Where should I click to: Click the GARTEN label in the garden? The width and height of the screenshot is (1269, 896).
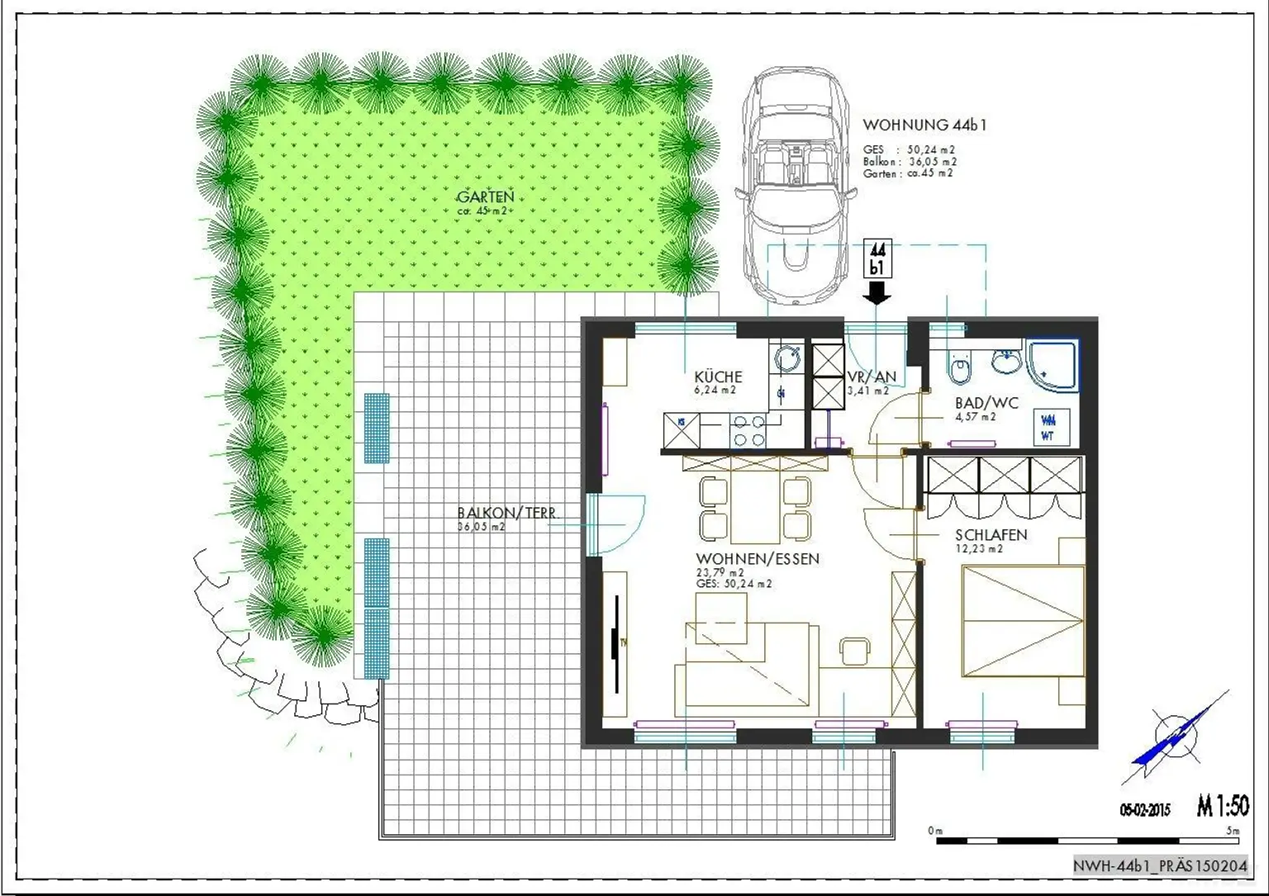coord(486,197)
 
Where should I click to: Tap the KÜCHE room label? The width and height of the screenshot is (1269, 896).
coord(718,377)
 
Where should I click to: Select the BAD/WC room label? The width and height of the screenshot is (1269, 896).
coord(986,403)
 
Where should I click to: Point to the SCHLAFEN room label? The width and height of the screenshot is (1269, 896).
coord(991,535)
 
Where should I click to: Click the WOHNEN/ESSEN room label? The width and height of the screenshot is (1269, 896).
coord(758,559)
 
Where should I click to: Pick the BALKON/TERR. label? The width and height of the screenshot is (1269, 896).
coord(507,513)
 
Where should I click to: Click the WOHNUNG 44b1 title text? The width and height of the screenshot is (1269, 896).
coord(924,126)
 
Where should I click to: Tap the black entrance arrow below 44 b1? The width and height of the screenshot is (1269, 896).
coord(877,292)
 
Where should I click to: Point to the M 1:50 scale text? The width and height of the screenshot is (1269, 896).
coord(1222,806)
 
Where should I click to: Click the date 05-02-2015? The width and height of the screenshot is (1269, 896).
coord(1145,810)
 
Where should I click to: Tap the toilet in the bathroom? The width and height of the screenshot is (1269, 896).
coord(959,369)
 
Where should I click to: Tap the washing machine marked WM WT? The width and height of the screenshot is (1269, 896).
coord(1048,427)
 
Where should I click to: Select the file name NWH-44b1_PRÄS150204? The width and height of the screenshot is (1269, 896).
coord(1160,865)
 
